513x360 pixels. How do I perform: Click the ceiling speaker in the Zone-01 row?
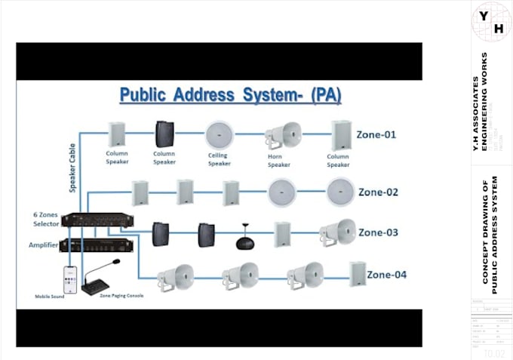[x=219, y=134]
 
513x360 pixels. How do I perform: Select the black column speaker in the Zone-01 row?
[x=164, y=134]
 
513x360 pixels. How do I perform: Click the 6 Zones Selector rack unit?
[x=97, y=220]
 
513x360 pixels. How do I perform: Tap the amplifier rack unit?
[x=97, y=245]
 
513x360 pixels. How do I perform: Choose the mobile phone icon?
[x=70, y=278]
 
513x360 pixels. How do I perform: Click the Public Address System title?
[x=230, y=96]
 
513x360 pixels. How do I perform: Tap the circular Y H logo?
[x=491, y=22]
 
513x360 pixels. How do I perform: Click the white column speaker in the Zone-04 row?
[x=357, y=273]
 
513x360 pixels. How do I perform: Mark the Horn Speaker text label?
[x=278, y=159]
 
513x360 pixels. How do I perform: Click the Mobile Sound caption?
[x=50, y=297]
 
